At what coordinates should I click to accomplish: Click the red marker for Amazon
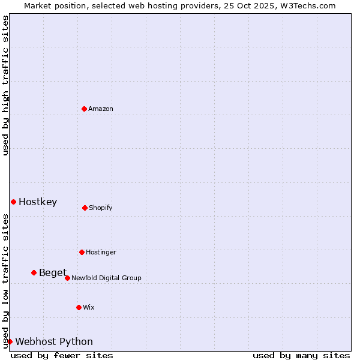[x=85, y=109]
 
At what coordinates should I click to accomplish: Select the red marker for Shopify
[x=85, y=208]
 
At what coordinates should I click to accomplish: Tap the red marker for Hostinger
[x=82, y=252]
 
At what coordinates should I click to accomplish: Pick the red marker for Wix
[x=79, y=307]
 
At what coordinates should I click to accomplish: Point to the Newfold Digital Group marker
[x=67, y=278]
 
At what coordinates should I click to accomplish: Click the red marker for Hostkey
[x=13, y=202]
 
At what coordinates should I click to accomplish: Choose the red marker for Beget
[x=34, y=272]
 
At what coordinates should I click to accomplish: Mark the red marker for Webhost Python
[x=10, y=341]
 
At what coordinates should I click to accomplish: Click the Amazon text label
[x=101, y=109]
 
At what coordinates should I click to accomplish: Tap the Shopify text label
[x=101, y=208]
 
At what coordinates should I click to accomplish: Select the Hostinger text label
[x=101, y=252]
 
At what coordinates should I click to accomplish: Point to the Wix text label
[x=89, y=307]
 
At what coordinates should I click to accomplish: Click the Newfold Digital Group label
[x=106, y=278]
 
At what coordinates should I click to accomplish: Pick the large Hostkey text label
[x=38, y=202]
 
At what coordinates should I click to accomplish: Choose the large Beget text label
[x=53, y=273]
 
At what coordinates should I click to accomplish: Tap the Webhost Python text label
[x=54, y=342]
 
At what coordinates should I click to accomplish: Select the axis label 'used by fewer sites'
[x=62, y=355]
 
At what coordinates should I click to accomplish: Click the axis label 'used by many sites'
[x=301, y=355]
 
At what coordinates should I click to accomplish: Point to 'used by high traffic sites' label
[x=5, y=85]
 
